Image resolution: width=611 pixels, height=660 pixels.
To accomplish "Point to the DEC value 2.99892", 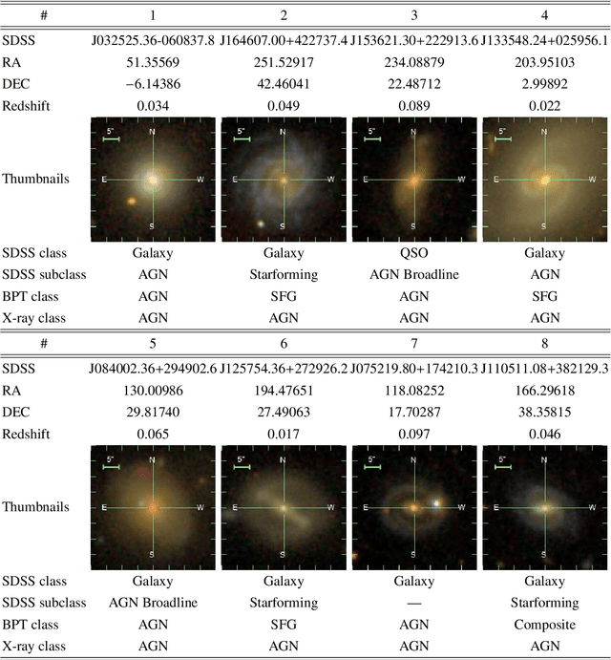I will coord(545,83).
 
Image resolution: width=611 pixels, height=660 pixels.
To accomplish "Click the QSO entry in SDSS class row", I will coord(413,254).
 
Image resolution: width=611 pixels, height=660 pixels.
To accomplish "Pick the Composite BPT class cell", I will coord(545,624).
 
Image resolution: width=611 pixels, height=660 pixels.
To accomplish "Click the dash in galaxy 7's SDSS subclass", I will coord(413,604).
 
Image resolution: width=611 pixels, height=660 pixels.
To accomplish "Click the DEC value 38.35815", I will coord(545,412).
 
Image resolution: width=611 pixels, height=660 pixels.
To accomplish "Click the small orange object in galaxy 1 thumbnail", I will coord(129,202).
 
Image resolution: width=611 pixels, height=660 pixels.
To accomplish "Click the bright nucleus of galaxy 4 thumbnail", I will coord(544,179).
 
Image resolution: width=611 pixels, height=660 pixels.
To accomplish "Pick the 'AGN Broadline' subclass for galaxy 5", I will coord(151,604).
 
